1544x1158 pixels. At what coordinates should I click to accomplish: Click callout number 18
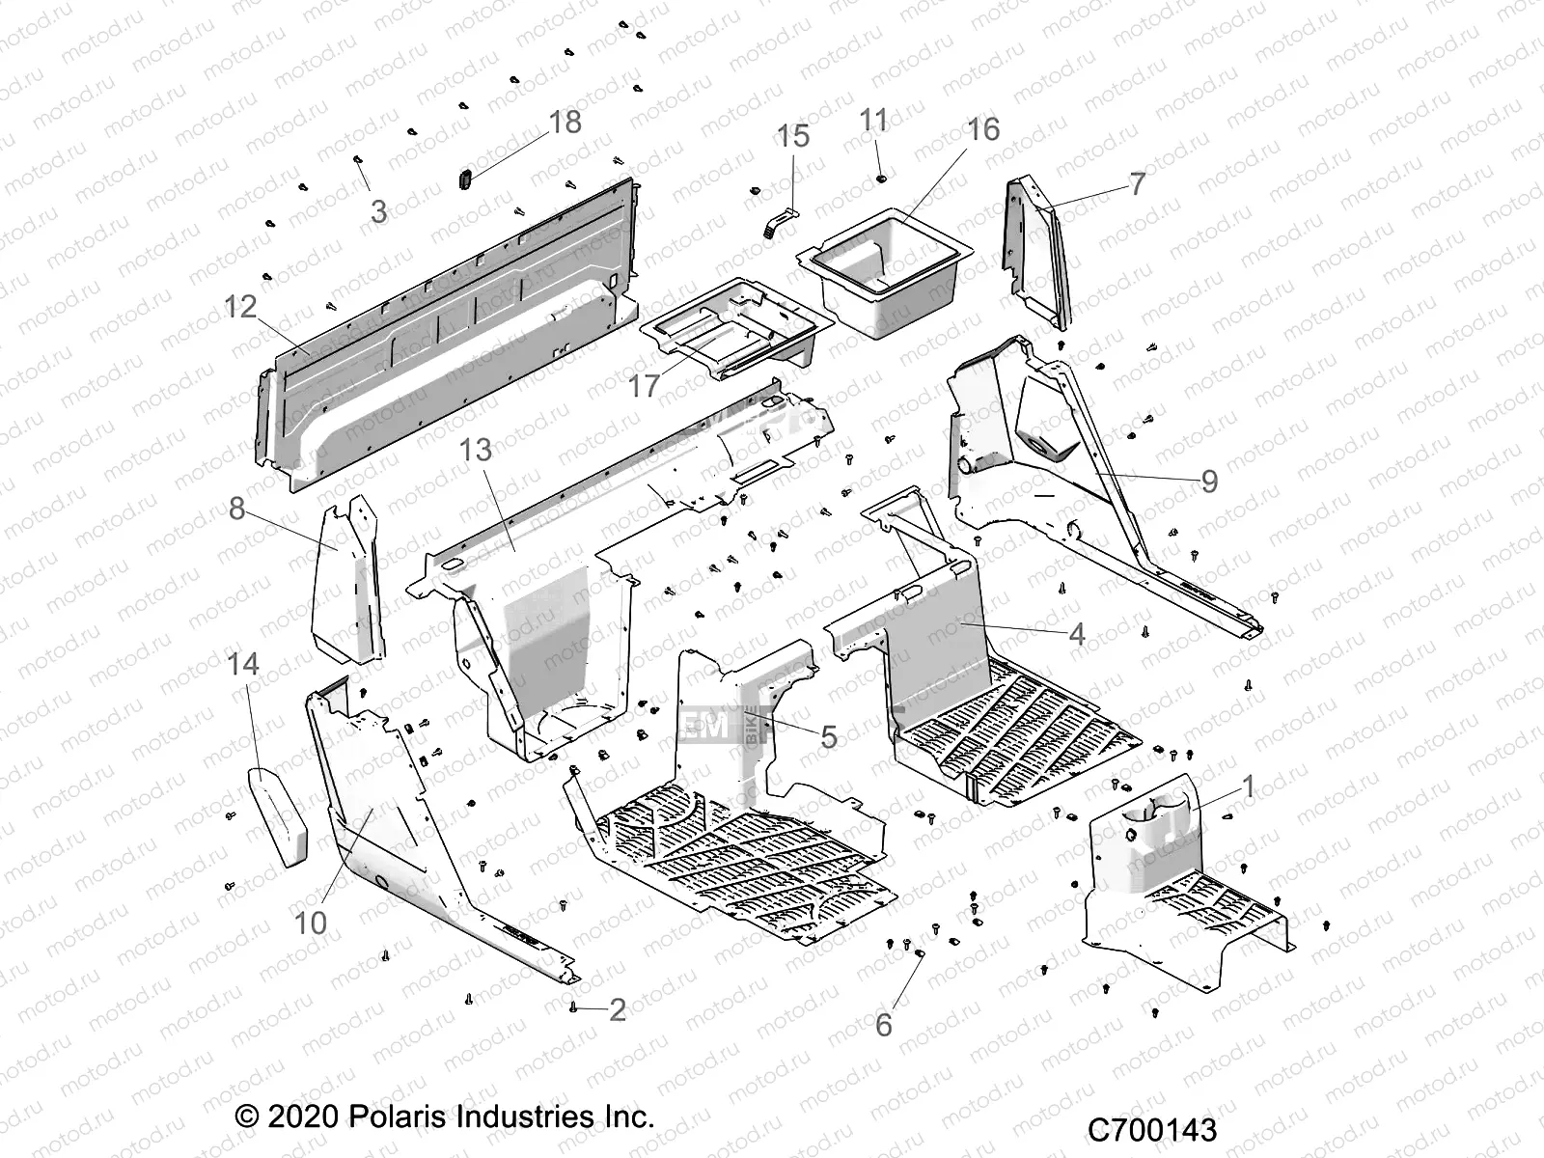tap(565, 123)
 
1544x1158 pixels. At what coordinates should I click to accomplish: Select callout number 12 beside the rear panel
tap(240, 307)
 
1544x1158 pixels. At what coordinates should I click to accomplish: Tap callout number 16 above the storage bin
tap(983, 129)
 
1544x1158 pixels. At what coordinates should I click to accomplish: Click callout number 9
tap(1208, 481)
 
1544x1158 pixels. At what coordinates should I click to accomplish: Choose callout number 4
tap(1077, 634)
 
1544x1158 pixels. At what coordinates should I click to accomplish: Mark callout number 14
tap(244, 664)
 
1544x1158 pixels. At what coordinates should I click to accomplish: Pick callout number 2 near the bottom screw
tap(618, 1010)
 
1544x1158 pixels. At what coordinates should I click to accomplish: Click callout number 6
tap(884, 1025)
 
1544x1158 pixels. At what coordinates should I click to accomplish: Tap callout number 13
tap(476, 450)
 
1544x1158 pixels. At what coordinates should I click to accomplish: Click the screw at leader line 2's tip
tap(574, 1007)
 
